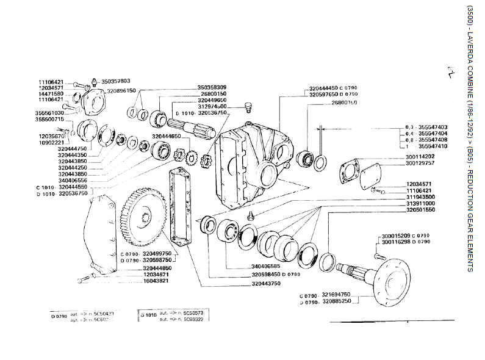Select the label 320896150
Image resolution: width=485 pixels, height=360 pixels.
[x=121, y=90]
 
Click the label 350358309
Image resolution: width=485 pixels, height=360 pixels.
[x=212, y=88]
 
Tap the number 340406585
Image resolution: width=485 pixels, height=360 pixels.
[x=265, y=266]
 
